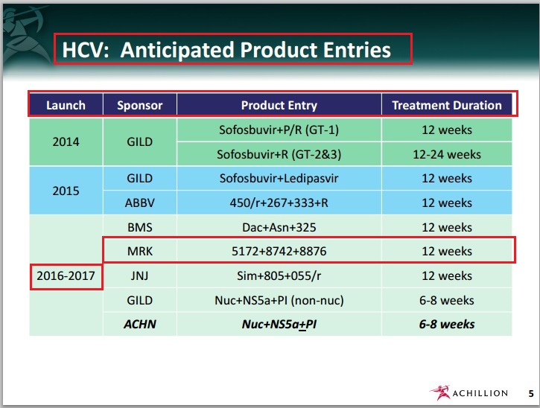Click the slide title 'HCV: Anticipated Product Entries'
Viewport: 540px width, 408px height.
tap(226, 50)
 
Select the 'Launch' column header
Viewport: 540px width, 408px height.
tap(66, 105)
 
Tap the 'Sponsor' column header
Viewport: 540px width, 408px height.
tap(139, 105)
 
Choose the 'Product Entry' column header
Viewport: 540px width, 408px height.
tap(279, 105)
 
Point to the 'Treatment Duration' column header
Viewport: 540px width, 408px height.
tap(447, 105)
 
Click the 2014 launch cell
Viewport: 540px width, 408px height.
tap(66, 142)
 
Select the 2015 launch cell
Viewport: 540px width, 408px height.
tap(66, 191)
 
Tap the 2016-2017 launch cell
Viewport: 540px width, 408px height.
tap(66, 275)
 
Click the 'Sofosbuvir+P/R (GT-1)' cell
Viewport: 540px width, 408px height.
tap(279, 130)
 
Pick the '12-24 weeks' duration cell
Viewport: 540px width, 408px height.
tap(447, 155)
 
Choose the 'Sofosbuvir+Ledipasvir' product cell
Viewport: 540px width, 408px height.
tap(279, 179)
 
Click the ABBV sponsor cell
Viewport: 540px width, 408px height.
tap(139, 203)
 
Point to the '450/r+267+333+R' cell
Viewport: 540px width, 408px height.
tap(279, 203)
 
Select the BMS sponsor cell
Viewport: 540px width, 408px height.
tap(139, 227)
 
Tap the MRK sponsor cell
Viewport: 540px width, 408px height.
tap(139, 252)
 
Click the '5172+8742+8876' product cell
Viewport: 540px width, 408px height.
tap(279, 252)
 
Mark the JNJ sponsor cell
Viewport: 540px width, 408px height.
tap(139, 275)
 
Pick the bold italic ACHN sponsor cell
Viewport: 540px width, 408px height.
tap(139, 324)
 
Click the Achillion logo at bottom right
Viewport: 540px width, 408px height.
tap(469, 392)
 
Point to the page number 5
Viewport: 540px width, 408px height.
tap(530, 393)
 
